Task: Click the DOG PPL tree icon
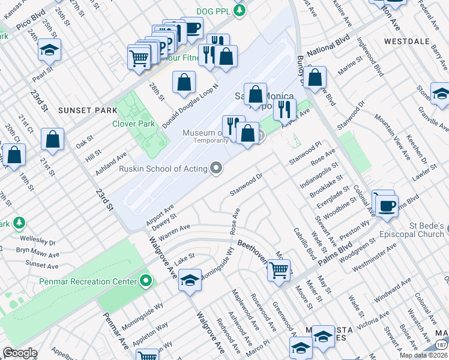[x=240, y=11]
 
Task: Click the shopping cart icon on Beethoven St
[x=279, y=271]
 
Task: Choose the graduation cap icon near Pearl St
[x=49, y=49]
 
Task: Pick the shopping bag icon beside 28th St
[x=184, y=82]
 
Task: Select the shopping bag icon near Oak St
[x=53, y=139]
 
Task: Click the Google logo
[x=20, y=353]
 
